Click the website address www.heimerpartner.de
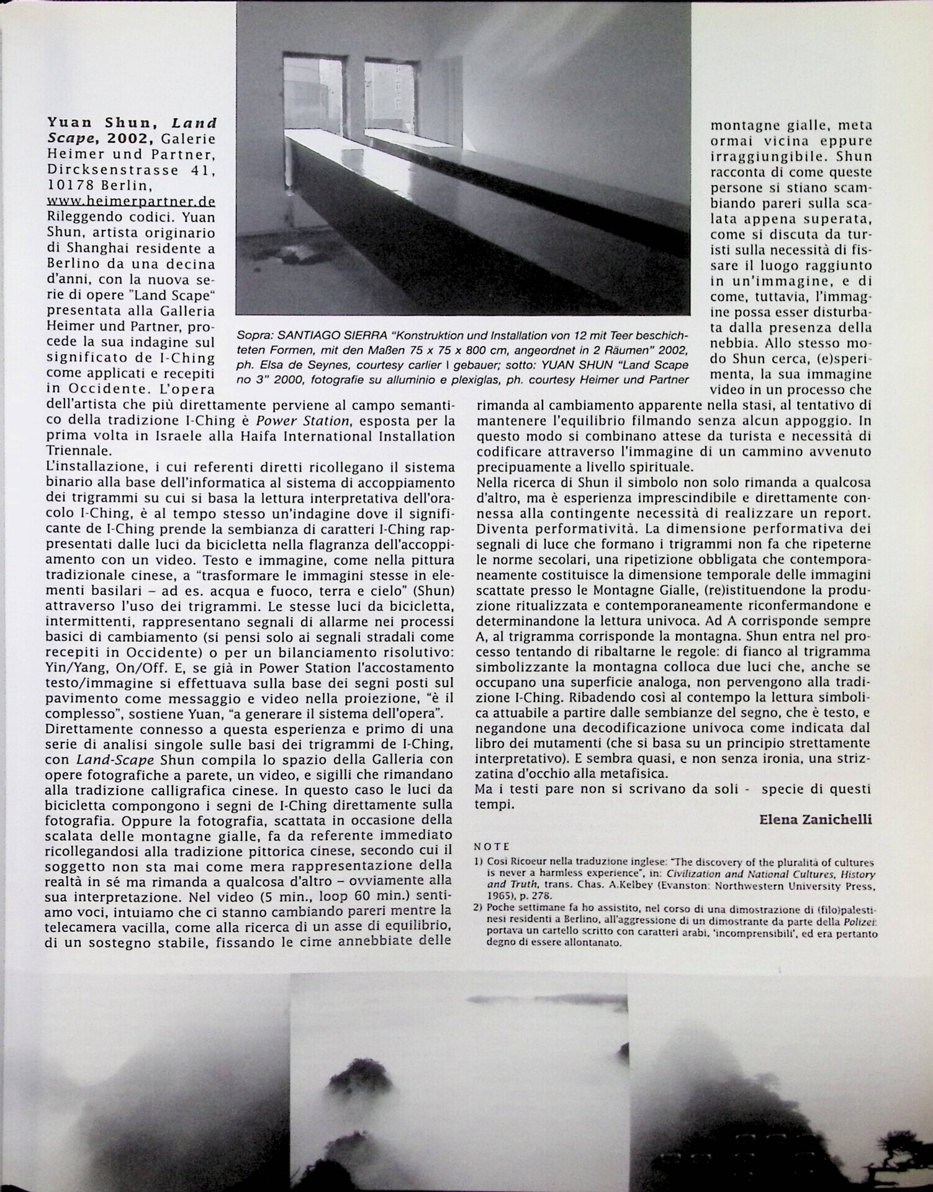coord(131,201)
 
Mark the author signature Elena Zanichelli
coord(815,820)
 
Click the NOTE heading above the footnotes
coord(492,846)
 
